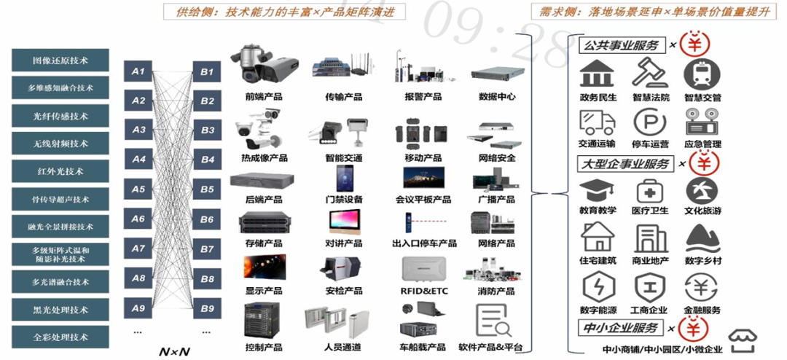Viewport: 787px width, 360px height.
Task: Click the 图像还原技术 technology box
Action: click(60, 60)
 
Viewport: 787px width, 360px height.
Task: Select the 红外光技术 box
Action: click(60, 171)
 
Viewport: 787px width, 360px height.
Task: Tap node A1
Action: click(138, 71)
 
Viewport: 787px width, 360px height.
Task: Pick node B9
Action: click(207, 308)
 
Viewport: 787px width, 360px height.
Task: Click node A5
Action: click(138, 189)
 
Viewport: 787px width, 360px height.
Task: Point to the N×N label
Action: click(174, 351)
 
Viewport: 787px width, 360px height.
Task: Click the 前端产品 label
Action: click(264, 96)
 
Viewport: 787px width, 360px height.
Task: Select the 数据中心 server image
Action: click(497, 72)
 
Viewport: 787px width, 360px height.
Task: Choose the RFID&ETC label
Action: click(424, 291)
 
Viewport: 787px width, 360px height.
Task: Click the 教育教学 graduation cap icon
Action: click(597, 191)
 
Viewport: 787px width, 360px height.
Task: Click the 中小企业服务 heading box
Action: click(620, 328)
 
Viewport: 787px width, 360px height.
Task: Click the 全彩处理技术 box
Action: click(60, 337)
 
